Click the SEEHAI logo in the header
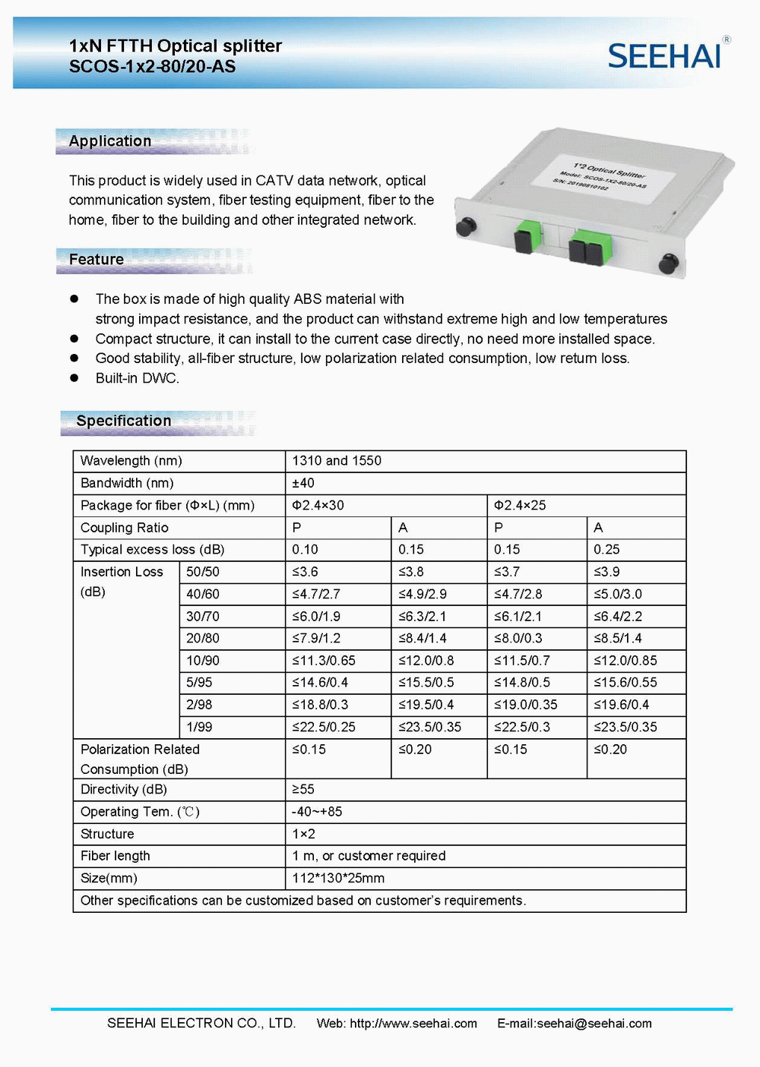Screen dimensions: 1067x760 pyautogui.click(x=665, y=55)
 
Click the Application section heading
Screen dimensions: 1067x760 pyautogui.click(x=110, y=141)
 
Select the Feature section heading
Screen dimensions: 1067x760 pyautogui.click(x=97, y=260)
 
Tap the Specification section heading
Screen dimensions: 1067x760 pyautogui.click(x=124, y=421)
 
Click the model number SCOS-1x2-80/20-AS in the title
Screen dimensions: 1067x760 pyautogui.click(x=152, y=67)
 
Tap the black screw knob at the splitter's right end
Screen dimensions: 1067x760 pyautogui.click(x=668, y=264)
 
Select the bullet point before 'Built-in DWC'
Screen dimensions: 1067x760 pyautogui.click(x=74, y=378)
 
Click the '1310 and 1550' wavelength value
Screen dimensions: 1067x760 pyautogui.click(x=337, y=461)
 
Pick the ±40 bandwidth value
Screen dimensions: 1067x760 pyautogui.click(x=303, y=483)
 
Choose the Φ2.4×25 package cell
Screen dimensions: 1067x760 pyautogui.click(x=520, y=505)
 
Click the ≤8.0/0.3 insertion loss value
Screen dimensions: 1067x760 pyautogui.click(x=518, y=639)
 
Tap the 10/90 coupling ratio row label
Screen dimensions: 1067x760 pyautogui.click(x=203, y=661)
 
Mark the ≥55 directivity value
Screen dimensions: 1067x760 pyautogui.click(x=303, y=790)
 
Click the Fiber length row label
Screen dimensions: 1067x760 pyautogui.click(x=116, y=856)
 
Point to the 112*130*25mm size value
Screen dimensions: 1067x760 pyautogui.click(x=338, y=879)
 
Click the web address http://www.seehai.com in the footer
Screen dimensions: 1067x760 pyautogui.click(x=413, y=1024)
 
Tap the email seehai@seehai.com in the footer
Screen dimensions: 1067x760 pyautogui.click(x=594, y=1024)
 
